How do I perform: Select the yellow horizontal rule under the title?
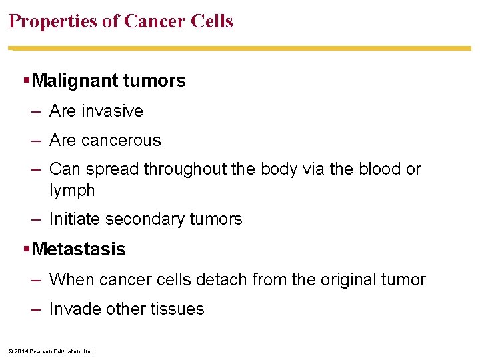pos(240,48)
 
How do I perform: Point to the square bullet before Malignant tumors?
pos(26,81)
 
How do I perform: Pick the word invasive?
pos(112,111)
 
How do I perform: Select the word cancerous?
pos(121,141)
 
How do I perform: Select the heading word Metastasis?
pos(79,249)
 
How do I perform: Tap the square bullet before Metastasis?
pos(26,249)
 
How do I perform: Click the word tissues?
pos(178,309)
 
